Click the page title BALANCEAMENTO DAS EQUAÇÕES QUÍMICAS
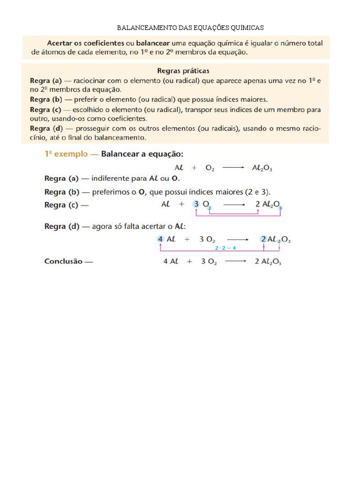pyautogui.click(x=190, y=28)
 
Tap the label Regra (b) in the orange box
pyautogui.click(x=46, y=99)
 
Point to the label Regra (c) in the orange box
pyautogui.click(x=46, y=110)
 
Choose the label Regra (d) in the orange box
pyautogui.click(x=46, y=128)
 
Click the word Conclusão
pyautogui.click(x=63, y=261)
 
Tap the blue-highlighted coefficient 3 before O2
pyautogui.click(x=196, y=204)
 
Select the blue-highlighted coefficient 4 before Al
pyautogui.click(x=160, y=239)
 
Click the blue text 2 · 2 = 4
pyautogui.click(x=225, y=248)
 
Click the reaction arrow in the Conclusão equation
pyautogui.click(x=236, y=262)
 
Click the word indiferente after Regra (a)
pyautogui.click(x=112, y=178)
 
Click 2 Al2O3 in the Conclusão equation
pyautogui.click(x=268, y=262)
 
